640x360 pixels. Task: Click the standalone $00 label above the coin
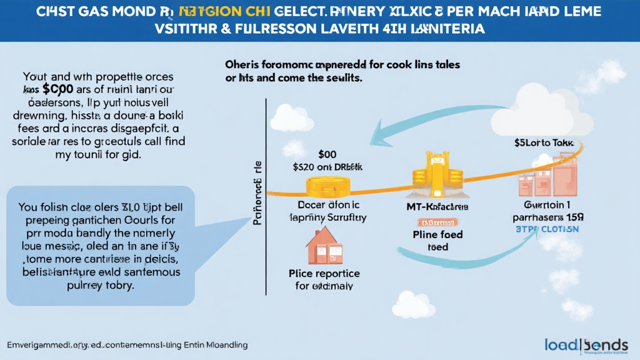pyautogui.click(x=327, y=153)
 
